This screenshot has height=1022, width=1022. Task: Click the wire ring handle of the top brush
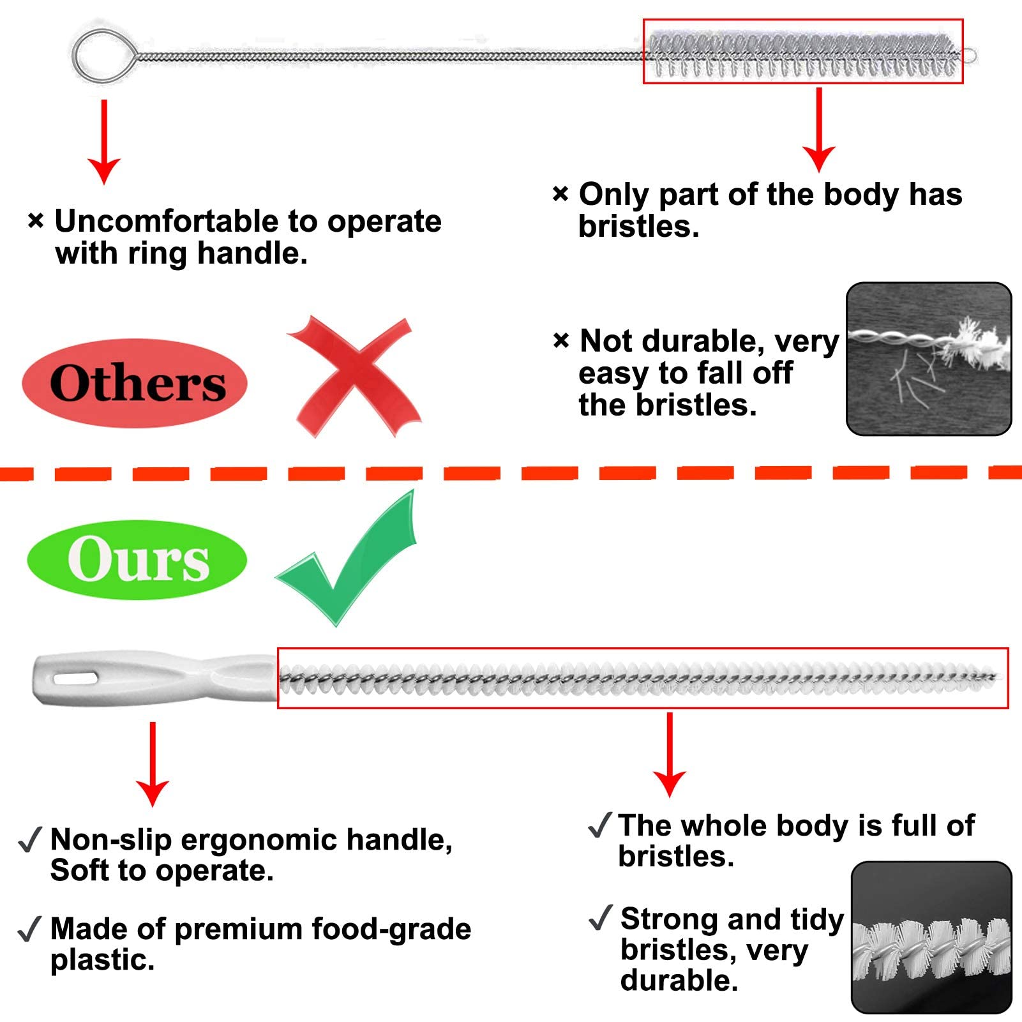click(74, 56)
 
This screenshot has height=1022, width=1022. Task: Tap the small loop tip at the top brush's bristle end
click(970, 56)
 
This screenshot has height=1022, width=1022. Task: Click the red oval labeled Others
click(135, 383)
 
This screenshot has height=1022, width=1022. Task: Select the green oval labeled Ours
click(137, 560)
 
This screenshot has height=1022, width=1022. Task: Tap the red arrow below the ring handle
click(104, 142)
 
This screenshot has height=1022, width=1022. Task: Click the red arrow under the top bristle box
click(819, 130)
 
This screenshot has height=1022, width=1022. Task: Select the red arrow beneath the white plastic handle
click(153, 765)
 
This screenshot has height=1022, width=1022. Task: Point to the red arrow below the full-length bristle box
click(670, 755)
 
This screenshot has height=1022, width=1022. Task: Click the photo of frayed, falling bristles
click(929, 359)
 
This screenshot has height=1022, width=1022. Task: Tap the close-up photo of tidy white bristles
click(931, 938)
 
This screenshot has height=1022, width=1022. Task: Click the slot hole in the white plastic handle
click(75, 677)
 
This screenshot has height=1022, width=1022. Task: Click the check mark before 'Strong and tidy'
click(600, 918)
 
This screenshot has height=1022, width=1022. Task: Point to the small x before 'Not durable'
click(560, 341)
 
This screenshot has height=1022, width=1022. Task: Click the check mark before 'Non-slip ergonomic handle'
click(29, 839)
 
